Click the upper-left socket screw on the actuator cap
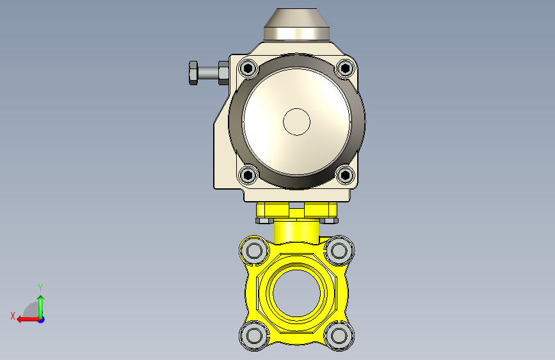(248, 68)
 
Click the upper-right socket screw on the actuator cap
(346, 68)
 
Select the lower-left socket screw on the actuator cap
(248, 175)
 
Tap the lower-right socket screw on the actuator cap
(346, 175)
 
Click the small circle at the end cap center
(296, 122)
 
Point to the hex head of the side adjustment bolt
(193, 73)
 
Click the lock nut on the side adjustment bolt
(223, 73)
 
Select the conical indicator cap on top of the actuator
(296, 24)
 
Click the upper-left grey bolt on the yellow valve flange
(253, 251)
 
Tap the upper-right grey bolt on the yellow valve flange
(339, 251)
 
